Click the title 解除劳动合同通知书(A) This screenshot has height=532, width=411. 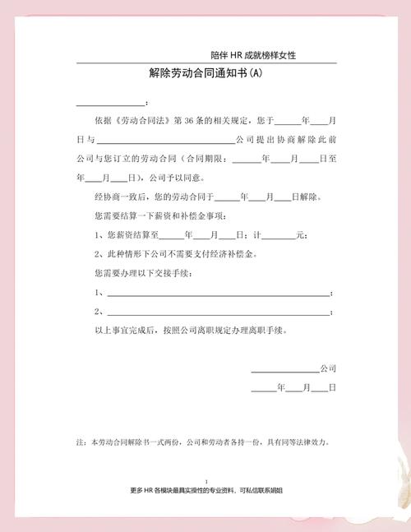click(x=205, y=73)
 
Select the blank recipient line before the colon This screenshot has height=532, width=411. click(x=110, y=103)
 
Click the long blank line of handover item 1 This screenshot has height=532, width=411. click(x=216, y=294)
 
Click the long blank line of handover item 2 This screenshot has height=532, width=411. click(x=216, y=312)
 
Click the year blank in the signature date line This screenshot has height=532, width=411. click(x=263, y=387)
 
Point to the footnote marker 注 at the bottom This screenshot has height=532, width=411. click(x=81, y=442)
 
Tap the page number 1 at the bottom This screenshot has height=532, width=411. click(x=205, y=481)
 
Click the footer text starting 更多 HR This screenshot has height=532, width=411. click(x=206, y=490)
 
